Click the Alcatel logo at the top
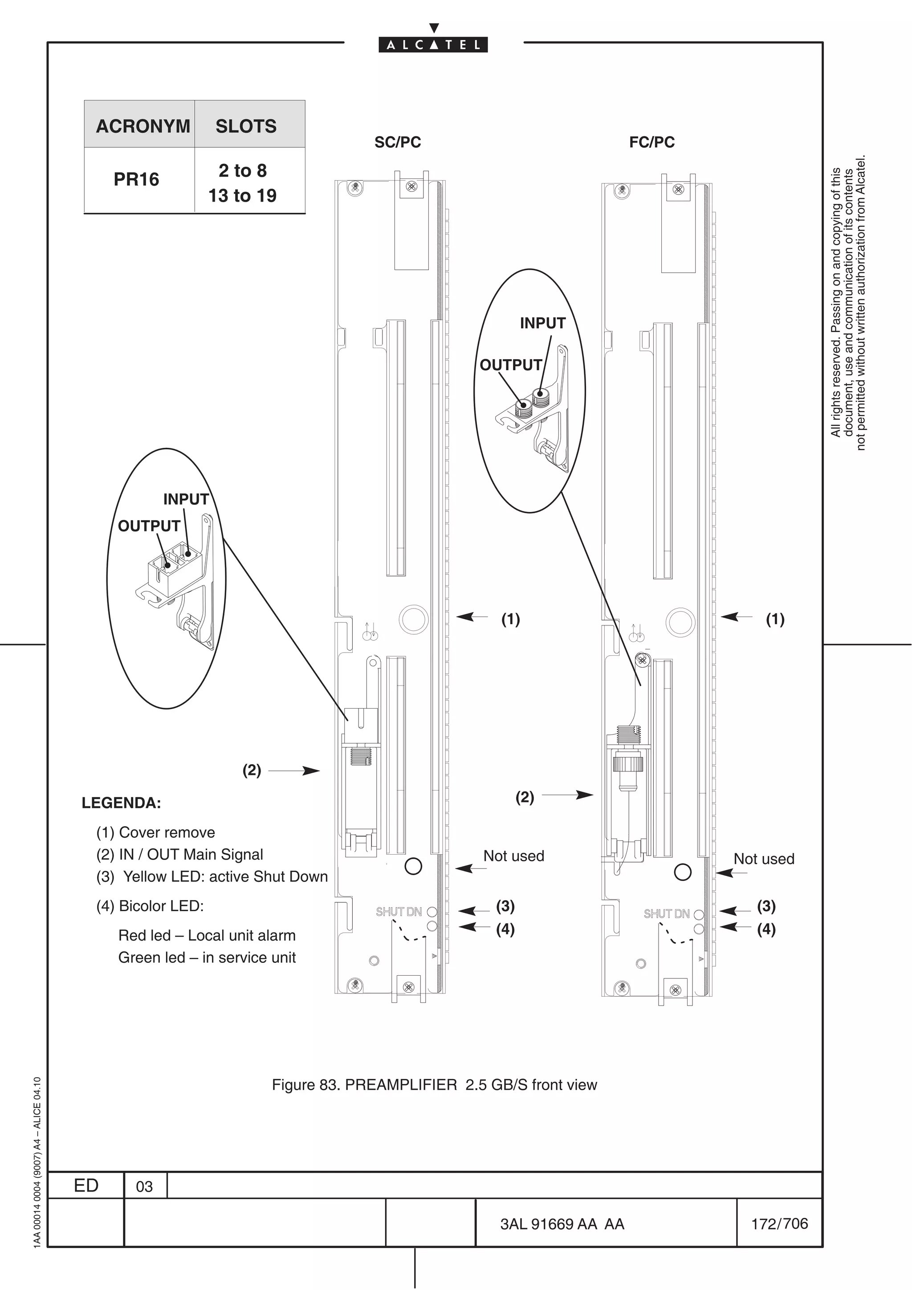click(433, 45)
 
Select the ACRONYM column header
click(143, 126)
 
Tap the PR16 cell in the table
click(137, 179)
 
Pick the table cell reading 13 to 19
click(242, 195)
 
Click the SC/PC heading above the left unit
click(397, 142)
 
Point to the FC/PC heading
click(652, 142)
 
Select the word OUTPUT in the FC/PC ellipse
click(510, 365)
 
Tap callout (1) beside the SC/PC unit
click(510, 619)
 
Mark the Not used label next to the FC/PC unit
click(764, 859)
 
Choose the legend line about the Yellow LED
click(212, 876)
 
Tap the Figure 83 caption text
click(434, 1084)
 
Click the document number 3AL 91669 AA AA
click(562, 1224)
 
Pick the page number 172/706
click(779, 1223)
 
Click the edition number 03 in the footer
click(144, 1187)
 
